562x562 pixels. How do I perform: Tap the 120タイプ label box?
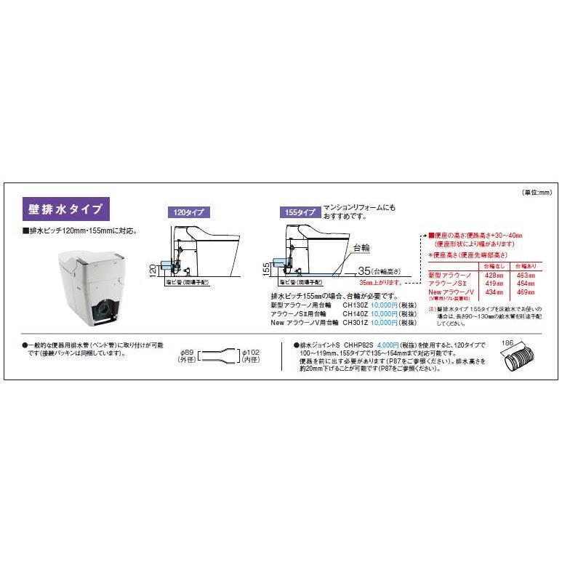[x=187, y=213]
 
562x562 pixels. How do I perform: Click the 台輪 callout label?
[x=361, y=248]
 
